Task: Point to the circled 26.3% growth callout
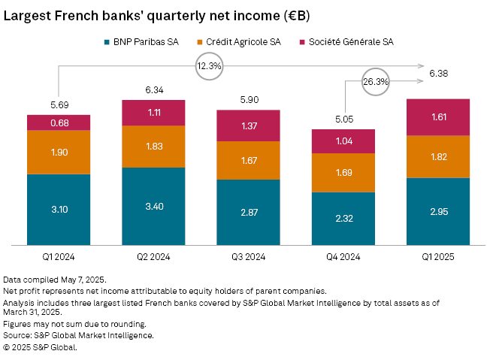pyautogui.click(x=375, y=81)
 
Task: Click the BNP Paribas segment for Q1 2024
pyautogui.click(x=59, y=210)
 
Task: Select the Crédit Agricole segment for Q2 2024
pyautogui.click(x=153, y=147)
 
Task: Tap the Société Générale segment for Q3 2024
pyautogui.click(x=249, y=126)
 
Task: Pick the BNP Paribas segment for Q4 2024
pyautogui.click(x=343, y=219)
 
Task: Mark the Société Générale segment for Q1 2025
pyautogui.click(x=438, y=117)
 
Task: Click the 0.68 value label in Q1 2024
pyautogui.click(x=59, y=123)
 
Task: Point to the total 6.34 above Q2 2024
pyautogui.click(x=153, y=90)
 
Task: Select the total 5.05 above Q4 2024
pyautogui.click(x=343, y=118)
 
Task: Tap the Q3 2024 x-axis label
pyautogui.click(x=249, y=256)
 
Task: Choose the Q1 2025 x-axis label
pyautogui.click(x=438, y=256)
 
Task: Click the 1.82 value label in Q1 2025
pyautogui.click(x=438, y=157)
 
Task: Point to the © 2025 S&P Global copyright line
pyautogui.click(x=40, y=347)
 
